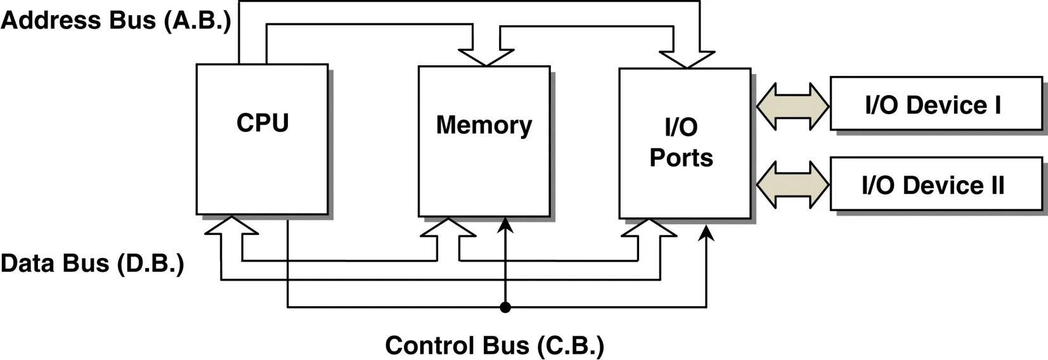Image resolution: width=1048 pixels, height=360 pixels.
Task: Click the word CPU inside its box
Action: click(262, 123)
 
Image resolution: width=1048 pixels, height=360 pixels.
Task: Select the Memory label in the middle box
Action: click(484, 125)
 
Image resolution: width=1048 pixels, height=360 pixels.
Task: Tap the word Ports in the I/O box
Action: click(681, 158)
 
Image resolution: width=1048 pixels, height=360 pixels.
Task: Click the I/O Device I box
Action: click(935, 104)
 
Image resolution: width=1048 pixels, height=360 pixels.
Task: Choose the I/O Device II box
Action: click(935, 184)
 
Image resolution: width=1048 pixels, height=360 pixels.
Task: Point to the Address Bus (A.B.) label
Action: click(115, 20)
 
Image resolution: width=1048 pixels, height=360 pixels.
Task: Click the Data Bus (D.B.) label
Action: click(92, 263)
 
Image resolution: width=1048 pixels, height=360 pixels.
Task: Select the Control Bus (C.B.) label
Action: click(494, 345)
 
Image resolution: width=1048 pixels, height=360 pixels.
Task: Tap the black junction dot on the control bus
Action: click(505, 307)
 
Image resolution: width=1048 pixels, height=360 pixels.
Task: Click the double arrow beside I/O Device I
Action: click(792, 106)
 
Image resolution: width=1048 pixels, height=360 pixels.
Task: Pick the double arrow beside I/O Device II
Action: click(792, 185)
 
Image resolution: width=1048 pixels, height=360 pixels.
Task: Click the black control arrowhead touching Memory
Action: click(505, 225)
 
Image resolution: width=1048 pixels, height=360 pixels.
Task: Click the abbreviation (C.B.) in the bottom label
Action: click(570, 345)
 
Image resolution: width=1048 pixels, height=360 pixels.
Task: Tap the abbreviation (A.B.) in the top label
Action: click(197, 20)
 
